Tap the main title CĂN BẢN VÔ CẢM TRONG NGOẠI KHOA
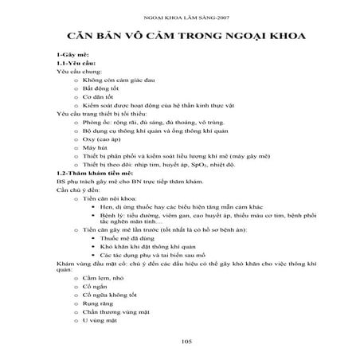coord(181,38)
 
